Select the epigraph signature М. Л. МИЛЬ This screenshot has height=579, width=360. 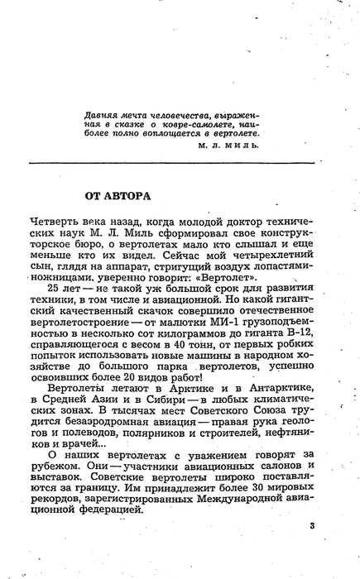tap(229, 143)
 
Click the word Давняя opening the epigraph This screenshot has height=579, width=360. tap(107, 109)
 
